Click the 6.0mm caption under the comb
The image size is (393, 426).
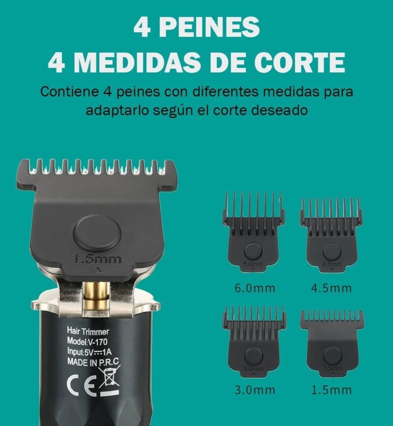click(254, 288)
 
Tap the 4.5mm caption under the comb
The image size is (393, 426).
click(331, 288)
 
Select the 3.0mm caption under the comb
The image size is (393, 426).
click(254, 390)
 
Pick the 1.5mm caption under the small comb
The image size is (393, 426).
click(331, 390)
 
